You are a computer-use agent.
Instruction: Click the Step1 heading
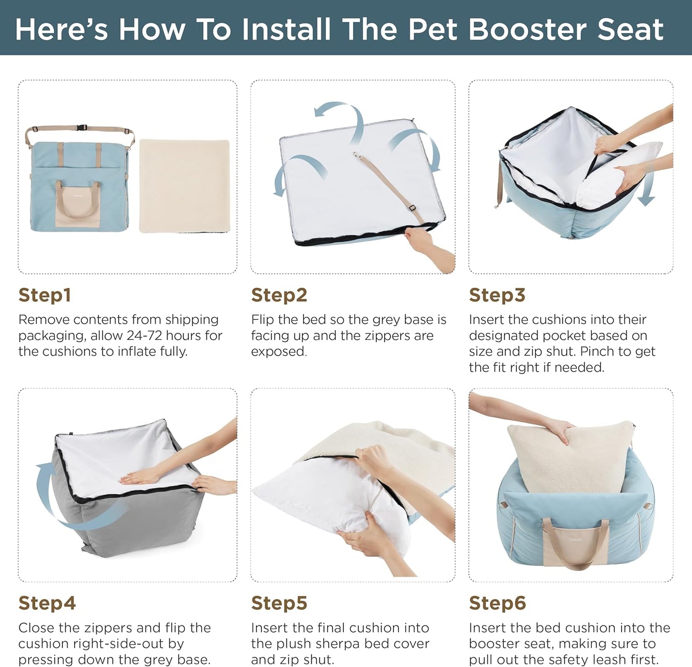[x=45, y=295]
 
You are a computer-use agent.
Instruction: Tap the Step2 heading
[x=279, y=295]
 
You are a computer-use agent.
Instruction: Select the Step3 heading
[x=497, y=295]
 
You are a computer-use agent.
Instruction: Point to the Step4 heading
[x=47, y=603]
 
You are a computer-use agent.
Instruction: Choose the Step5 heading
[x=279, y=603]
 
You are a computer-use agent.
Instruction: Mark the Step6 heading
[x=497, y=603]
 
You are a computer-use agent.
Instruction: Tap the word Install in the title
[x=286, y=29]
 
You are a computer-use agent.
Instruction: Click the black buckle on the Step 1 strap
[x=82, y=128]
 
